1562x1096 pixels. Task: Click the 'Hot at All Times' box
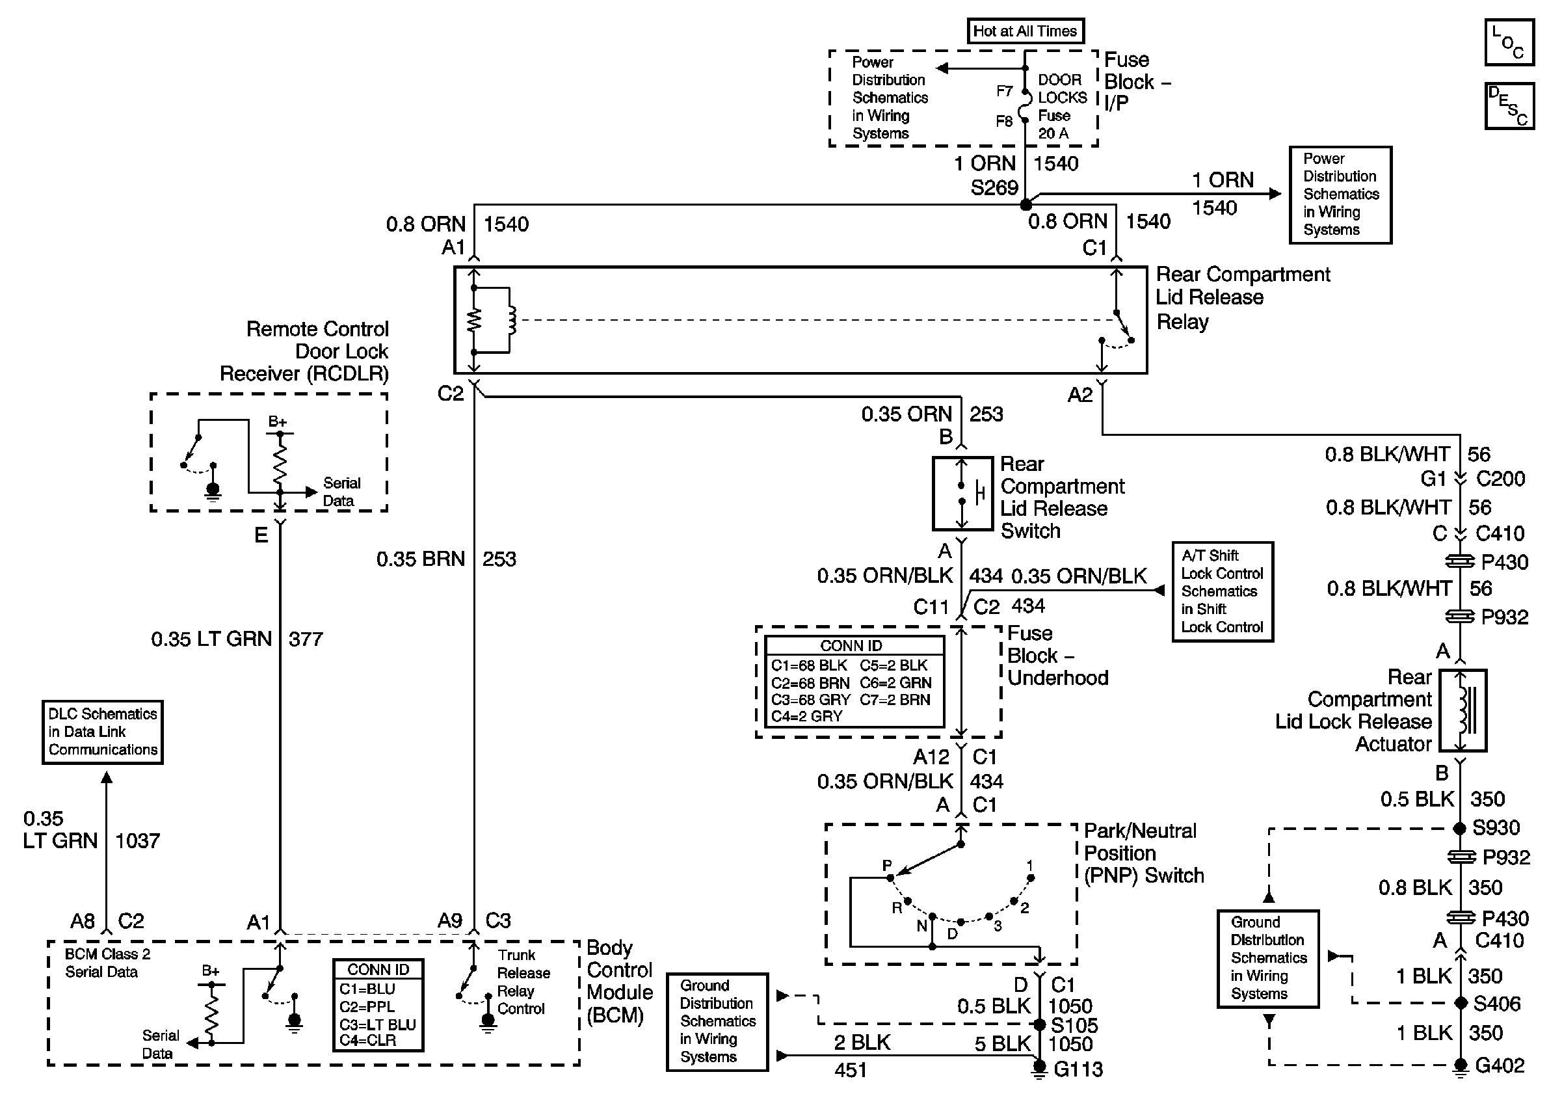(1026, 31)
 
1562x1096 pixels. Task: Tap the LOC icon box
(1509, 43)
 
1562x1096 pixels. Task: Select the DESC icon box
(1509, 106)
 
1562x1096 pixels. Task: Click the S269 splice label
(994, 188)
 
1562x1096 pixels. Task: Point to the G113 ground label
(1078, 1069)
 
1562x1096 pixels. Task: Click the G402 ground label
(1500, 1065)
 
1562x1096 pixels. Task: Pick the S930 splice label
(1495, 828)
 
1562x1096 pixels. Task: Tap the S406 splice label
(1497, 1004)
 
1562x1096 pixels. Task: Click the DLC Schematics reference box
(103, 732)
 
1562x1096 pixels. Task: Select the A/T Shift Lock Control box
(1223, 591)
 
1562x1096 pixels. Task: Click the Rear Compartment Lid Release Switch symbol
(962, 493)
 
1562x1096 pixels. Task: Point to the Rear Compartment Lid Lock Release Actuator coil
(1463, 711)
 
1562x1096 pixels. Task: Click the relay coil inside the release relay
(511, 321)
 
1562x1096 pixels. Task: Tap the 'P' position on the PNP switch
(887, 866)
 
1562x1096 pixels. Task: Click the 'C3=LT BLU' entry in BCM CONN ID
(378, 1024)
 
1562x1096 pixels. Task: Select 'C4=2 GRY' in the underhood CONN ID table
(807, 716)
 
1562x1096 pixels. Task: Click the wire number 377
(306, 639)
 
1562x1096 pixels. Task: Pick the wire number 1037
(137, 841)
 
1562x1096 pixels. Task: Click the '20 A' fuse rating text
(1053, 133)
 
